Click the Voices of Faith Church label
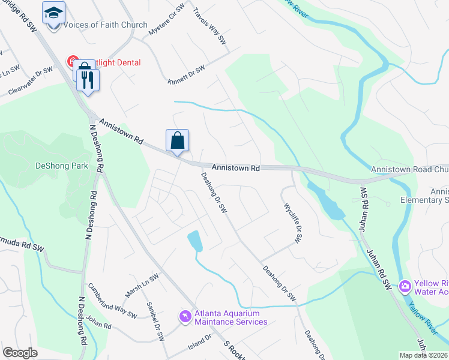click(105, 25)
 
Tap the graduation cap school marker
click(53, 14)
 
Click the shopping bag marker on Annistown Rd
click(177, 141)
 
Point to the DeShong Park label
click(62, 166)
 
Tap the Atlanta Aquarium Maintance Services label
click(230, 317)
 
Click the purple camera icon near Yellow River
click(405, 286)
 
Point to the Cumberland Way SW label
click(112, 300)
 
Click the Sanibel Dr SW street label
click(155, 320)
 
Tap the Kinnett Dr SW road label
click(186, 75)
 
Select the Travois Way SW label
click(209, 27)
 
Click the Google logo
click(20, 353)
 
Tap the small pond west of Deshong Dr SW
click(195, 241)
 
